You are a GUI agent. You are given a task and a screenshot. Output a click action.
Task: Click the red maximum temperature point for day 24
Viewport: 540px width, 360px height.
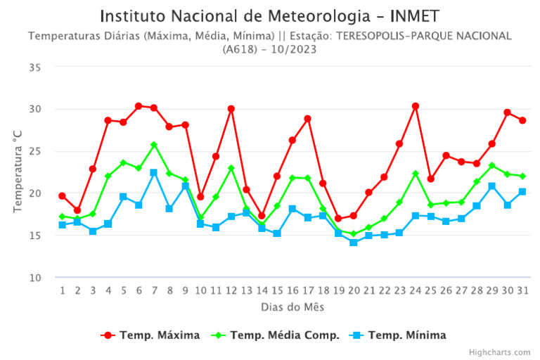click(x=416, y=106)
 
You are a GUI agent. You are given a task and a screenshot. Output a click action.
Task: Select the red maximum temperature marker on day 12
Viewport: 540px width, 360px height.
click(x=231, y=109)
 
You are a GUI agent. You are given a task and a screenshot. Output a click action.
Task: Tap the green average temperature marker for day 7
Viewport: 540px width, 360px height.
click(x=154, y=145)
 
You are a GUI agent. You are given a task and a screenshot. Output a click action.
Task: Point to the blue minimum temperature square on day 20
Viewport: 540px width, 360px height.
click(x=354, y=243)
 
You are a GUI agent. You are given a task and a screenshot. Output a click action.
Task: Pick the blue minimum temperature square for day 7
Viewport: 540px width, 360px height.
click(x=154, y=173)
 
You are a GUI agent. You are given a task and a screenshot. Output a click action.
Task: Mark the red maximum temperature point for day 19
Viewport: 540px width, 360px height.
click(x=338, y=219)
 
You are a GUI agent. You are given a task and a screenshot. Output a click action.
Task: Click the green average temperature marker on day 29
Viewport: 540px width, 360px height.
click(x=492, y=166)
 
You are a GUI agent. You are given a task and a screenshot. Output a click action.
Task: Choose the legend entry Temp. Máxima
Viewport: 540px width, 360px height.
click(x=150, y=335)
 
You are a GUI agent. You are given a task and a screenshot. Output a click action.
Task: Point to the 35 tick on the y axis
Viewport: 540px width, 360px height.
click(x=34, y=67)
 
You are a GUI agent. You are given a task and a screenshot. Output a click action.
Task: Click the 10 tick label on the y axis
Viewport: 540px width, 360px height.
click(x=34, y=278)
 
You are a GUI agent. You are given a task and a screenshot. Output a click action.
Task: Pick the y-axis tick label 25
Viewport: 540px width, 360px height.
click(x=34, y=151)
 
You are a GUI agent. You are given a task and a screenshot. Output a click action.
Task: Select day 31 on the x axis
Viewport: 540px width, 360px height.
click(x=522, y=290)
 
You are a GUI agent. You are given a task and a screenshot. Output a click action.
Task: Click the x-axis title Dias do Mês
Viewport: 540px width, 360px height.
click(x=292, y=307)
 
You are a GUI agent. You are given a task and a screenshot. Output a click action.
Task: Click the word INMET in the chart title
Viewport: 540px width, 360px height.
click(x=409, y=15)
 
